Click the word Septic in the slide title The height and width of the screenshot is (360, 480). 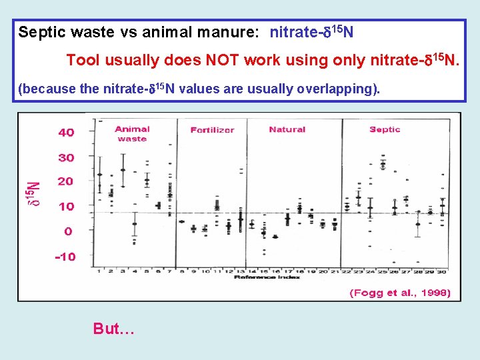[38, 32]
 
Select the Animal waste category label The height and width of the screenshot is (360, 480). [132, 134]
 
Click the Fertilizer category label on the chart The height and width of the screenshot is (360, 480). [212, 130]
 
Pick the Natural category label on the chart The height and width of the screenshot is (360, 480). [287, 129]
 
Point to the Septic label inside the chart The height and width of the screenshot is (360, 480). [385, 129]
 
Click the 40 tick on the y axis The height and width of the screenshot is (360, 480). [66, 133]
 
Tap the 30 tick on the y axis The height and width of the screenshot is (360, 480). [66, 158]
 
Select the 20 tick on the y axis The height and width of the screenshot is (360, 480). [66, 181]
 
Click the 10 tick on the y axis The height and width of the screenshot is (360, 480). [66, 207]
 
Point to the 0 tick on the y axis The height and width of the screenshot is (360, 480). [68, 231]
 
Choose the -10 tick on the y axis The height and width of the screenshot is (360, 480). [65, 257]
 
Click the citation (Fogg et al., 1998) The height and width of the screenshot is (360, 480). [400, 293]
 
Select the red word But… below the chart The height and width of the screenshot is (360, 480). [114, 329]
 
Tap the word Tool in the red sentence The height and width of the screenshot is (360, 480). [82, 61]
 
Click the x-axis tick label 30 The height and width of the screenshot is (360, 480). [441, 271]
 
